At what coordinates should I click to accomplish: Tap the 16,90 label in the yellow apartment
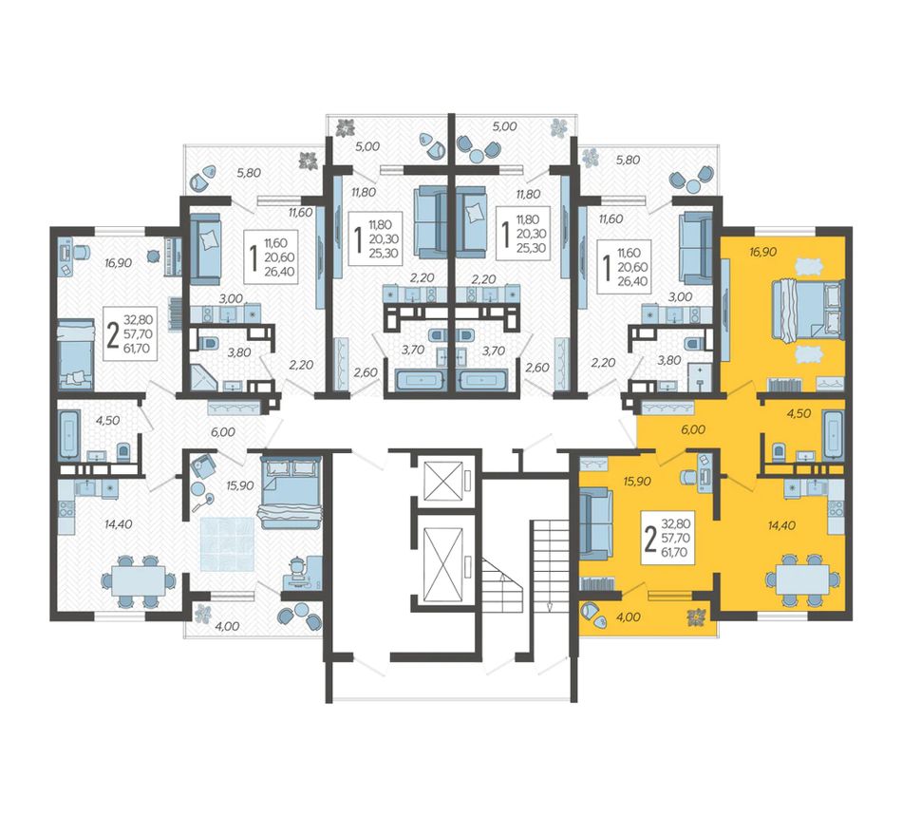coord(763,252)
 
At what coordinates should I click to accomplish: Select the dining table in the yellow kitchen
coord(802,580)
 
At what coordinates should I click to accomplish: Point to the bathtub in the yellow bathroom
coord(833,435)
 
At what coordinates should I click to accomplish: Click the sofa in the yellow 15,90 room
coord(596,523)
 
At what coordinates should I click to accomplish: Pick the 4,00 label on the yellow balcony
coord(628,617)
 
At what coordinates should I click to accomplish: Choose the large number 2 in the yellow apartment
coord(650,541)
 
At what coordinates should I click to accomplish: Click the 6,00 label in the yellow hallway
coord(693,429)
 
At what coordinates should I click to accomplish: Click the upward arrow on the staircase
coord(502,579)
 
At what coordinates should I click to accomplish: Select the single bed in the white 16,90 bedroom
coord(75,354)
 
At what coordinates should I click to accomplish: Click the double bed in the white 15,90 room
coord(291,493)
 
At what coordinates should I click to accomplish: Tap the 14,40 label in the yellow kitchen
coord(782,524)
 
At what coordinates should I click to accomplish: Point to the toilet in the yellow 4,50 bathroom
coord(779,452)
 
